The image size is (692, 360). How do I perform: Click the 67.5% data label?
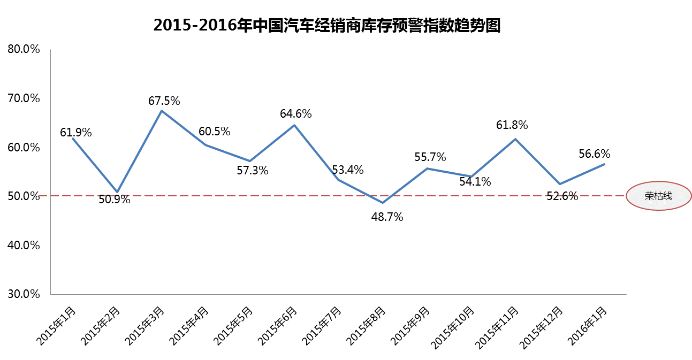tap(164, 100)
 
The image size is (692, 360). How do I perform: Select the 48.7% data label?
tap(387, 217)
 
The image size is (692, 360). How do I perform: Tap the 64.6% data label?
tap(296, 113)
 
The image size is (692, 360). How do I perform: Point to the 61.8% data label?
tap(512, 125)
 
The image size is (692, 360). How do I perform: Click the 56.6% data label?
tap(595, 154)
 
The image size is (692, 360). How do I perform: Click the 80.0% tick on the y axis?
tap(24, 49)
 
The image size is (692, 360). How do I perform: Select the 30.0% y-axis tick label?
tap(24, 294)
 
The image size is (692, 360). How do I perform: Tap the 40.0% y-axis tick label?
tap(24, 245)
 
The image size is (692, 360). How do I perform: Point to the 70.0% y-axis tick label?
tap(24, 98)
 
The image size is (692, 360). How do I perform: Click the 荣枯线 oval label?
tap(658, 196)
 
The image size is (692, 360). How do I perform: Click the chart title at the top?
tap(326, 25)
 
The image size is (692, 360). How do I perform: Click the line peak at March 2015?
tap(162, 111)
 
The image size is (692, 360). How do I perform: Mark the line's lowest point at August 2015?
tap(383, 203)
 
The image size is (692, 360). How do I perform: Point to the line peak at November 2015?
tap(515, 139)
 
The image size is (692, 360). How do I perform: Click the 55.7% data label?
tap(430, 157)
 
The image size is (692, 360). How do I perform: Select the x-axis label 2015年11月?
tap(499, 326)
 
